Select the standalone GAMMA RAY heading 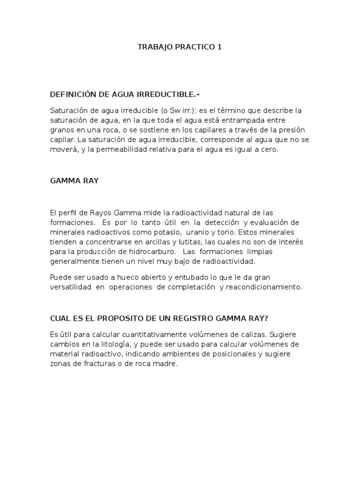74,180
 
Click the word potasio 168,232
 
